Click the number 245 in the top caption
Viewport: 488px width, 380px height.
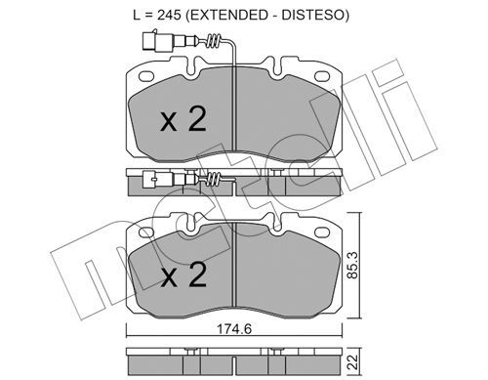click(x=169, y=15)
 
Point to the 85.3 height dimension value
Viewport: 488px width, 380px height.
click(x=352, y=265)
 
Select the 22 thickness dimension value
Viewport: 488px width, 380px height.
click(x=352, y=361)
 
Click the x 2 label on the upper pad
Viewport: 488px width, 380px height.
click(x=183, y=119)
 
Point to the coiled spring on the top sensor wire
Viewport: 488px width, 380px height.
click(x=214, y=41)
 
